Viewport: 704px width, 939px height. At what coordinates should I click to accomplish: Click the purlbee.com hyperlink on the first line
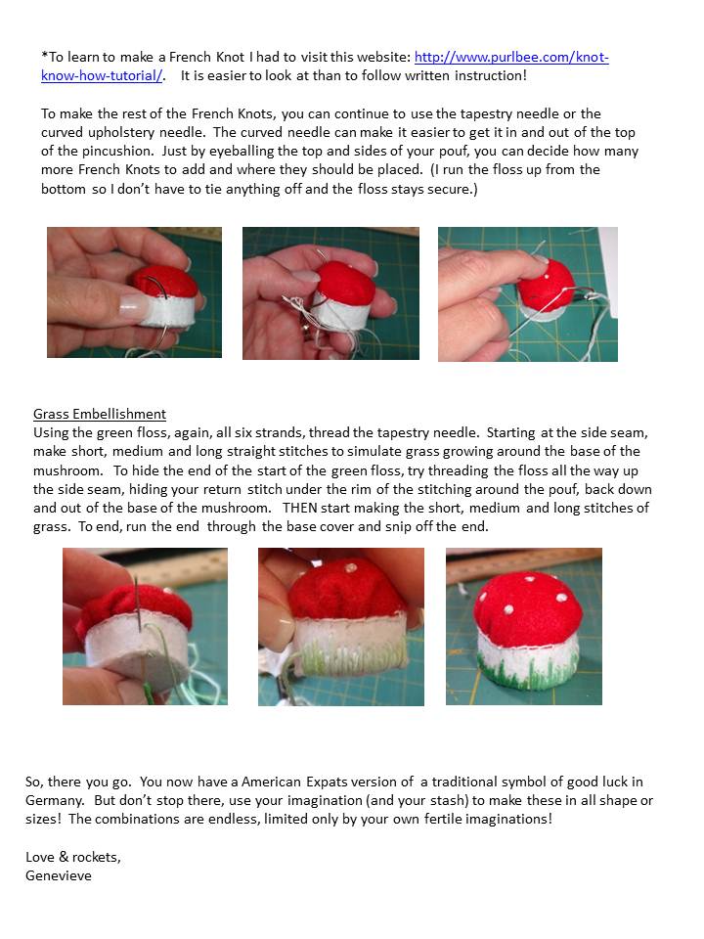click(x=511, y=57)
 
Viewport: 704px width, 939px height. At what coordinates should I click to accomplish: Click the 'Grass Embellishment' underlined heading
click(x=100, y=414)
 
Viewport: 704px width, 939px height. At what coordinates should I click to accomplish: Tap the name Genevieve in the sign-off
click(x=58, y=875)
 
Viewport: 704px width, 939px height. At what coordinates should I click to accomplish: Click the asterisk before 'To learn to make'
click(x=44, y=55)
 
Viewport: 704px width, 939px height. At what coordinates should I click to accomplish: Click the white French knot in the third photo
click(x=548, y=277)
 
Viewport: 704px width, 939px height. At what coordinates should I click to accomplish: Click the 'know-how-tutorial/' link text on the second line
click(x=102, y=75)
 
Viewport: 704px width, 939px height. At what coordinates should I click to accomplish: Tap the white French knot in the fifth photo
click(x=351, y=566)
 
